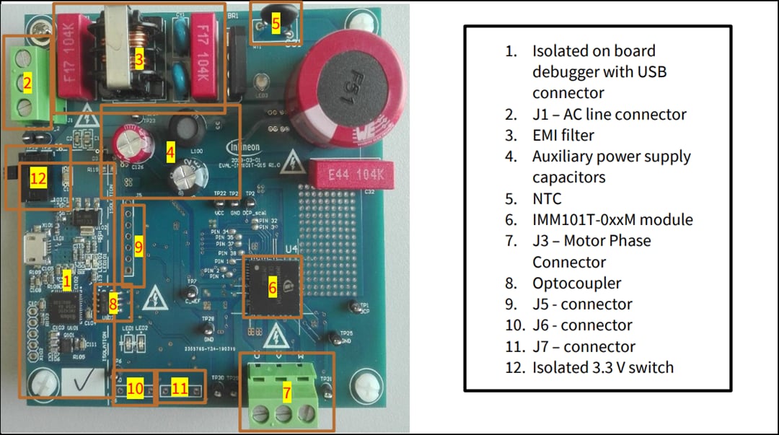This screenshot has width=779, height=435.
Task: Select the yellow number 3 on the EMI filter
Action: pyautogui.click(x=140, y=60)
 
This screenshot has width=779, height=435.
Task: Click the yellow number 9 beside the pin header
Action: pyautogui.click(x=138, y=247)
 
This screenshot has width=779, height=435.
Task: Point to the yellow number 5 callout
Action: pyautogui.click(x=276, y=24)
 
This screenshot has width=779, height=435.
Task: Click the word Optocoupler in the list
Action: pyautogui.click(x=576, y=283)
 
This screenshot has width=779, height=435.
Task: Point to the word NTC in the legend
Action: pyautogui.click(x=547, y=198)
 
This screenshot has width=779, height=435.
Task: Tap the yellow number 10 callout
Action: pyautogui.click(x=135, y=389)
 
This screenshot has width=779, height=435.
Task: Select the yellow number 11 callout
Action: pyautogui.click(x=179, y=389)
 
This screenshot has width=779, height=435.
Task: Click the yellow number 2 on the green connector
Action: pyautogui.click(x=27, y=84)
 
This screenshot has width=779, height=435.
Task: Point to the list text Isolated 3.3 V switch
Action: pyautogui.click(x=603, y=367)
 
